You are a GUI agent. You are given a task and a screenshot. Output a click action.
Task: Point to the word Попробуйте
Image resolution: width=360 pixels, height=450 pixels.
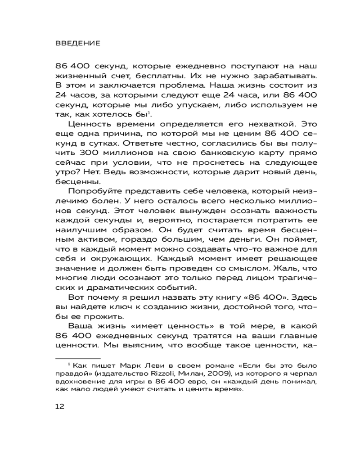[x=92, y=191]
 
